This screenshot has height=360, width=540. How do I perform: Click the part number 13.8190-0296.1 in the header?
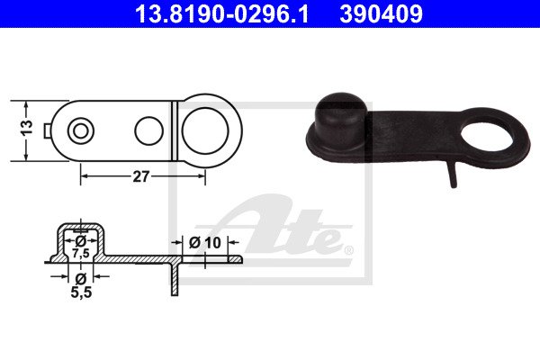click(221, 13)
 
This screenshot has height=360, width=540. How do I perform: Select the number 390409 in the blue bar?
click(381, 13)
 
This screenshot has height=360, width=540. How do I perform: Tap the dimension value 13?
click(28, 128)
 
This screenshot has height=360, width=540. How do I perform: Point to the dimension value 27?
click(141, 176)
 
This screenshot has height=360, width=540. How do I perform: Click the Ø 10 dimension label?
click(205, 242)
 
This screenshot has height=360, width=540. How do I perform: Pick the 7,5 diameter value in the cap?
click(81, 253)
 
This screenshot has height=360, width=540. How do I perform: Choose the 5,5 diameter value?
click(81, 292)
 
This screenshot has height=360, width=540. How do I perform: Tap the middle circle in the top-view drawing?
click(148, 130)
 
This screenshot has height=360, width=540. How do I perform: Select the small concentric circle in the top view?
click(81, 131)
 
